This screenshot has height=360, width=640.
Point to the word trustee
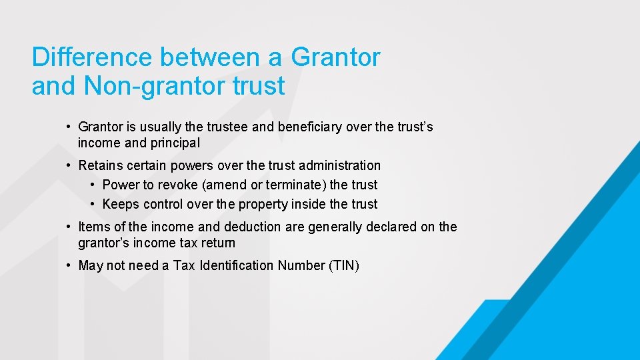227,127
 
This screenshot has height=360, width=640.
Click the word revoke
175,185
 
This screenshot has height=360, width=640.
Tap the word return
217,243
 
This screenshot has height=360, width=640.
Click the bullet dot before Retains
69,165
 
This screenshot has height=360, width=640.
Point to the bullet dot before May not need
69,265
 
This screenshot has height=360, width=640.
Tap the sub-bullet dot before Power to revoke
93,185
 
